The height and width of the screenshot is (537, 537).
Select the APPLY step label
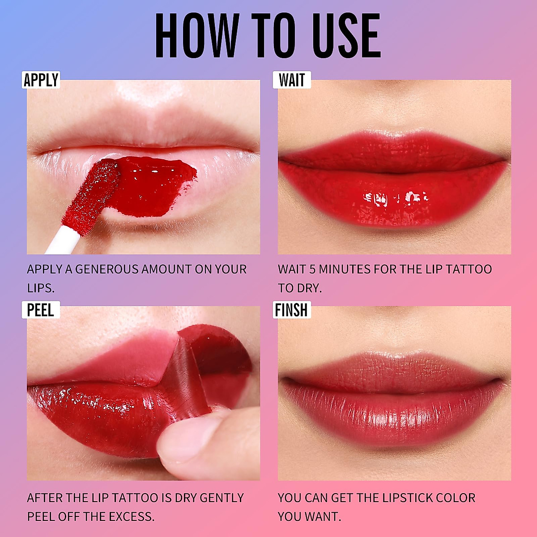(x=41, y=80)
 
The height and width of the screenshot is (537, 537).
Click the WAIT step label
(x=292, y=80)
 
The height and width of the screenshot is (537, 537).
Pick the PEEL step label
(x=40, y=310)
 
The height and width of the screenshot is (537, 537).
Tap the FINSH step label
(x=291, y=310)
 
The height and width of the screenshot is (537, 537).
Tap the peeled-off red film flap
(x=210, y=358)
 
